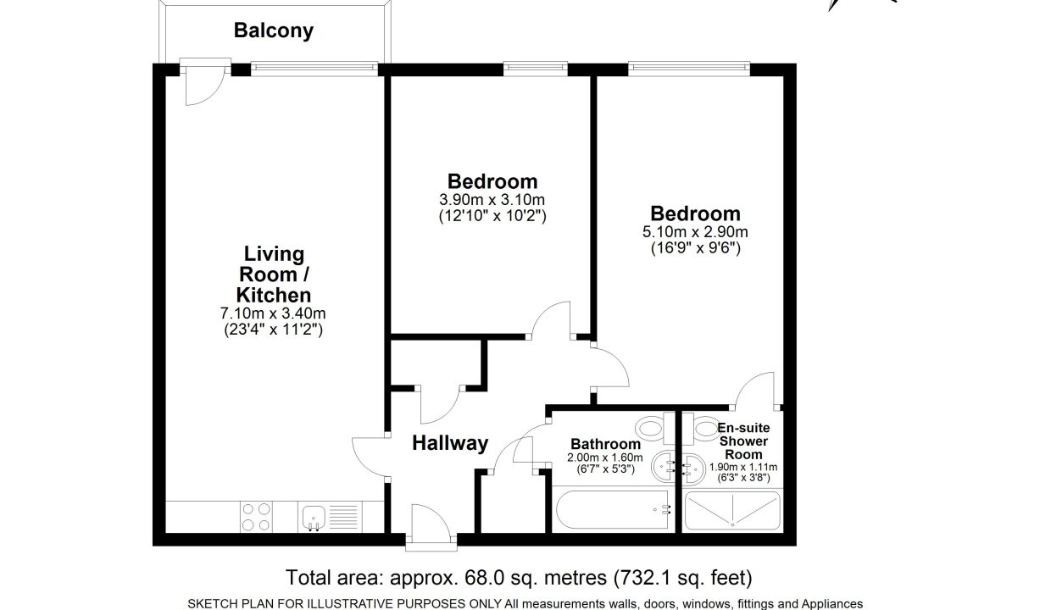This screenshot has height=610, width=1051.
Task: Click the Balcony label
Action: coord(274,30)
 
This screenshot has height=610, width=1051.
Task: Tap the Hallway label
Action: coord(450,443)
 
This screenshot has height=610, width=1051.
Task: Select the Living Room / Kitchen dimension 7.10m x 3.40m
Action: coord(273,313)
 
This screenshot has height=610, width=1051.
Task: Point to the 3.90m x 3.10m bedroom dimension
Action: coord(492,200)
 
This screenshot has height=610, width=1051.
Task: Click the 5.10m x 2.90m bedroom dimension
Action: coord(695,231)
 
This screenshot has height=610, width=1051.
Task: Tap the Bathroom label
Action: coord(605,444)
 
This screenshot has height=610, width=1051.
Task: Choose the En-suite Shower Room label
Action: coord(743,441)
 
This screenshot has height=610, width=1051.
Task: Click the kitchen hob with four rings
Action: coord(256,517)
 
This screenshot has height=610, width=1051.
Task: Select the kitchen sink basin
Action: coord(314,517)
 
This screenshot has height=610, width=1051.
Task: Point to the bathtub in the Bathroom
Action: coord(612,509)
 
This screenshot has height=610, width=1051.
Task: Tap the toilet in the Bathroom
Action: coord(655,428)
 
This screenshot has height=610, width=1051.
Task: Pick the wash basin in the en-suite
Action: coord(693,468)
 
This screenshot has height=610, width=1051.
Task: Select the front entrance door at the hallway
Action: coord(431,525)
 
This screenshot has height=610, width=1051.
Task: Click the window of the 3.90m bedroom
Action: coord(536,69)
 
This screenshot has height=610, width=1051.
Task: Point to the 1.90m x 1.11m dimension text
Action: coord(743,467)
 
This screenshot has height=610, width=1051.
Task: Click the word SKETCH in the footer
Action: coord(209,603)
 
